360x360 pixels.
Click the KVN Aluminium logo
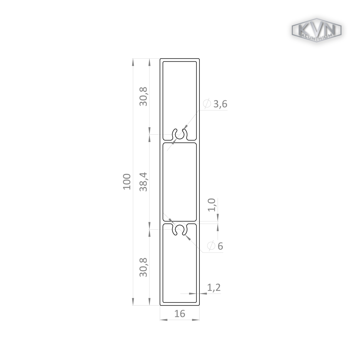[x=316, y=31]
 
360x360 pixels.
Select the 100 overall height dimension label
[x=127, y=181]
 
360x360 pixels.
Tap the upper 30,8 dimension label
[x=144, y=96]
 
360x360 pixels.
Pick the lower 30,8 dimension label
[x=144, y=267]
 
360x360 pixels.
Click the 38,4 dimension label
[x=144, y=182]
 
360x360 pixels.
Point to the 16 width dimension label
[x=180, y=314]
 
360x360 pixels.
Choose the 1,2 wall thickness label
[x=214, y=287]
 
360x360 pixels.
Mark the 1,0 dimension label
[x=212, y=205]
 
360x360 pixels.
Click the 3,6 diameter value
[x=220, y=104]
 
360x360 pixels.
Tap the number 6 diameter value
[x=220, y=246]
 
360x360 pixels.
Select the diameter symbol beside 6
[x=211, y=246]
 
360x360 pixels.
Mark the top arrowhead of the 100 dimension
[x=133, y=62]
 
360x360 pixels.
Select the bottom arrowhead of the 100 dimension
[x=133, y=302]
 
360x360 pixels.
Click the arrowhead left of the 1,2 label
[x=192, y=293]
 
